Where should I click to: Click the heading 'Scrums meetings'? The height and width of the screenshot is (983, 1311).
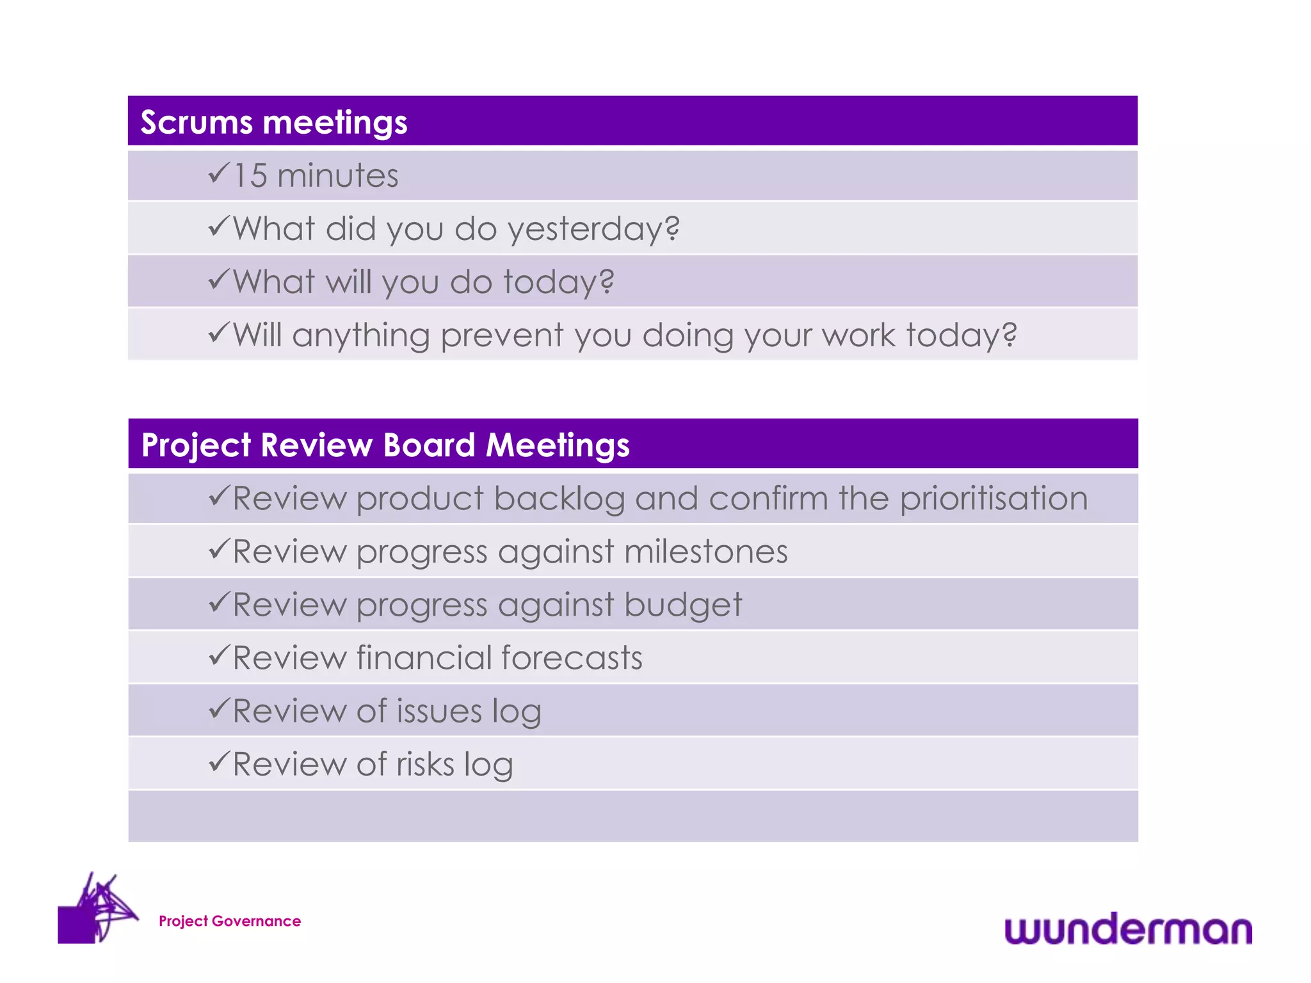tap(273, 122)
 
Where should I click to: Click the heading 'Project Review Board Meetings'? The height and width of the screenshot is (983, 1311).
tap(385, 445)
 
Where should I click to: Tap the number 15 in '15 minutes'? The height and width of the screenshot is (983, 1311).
tap(250, 176)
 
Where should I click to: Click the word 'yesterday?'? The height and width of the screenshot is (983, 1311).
tap(593, 229)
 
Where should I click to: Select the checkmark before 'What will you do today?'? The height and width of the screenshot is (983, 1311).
tap(218, 280)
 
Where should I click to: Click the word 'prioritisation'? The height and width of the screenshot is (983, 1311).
tap(993, 499)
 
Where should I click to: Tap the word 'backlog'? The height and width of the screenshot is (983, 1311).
tap(559, 499)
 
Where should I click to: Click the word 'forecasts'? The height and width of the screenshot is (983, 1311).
tap(572, 658)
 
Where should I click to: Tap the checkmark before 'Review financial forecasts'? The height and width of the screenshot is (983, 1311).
tap(218, 655)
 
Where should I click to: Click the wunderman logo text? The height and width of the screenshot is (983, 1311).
tap(1127, 930)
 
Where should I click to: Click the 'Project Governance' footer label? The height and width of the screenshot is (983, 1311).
tap(229, 921)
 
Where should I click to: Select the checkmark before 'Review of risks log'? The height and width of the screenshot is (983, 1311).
tap(218, 762)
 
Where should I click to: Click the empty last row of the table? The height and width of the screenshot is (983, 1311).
tap(632, 817)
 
